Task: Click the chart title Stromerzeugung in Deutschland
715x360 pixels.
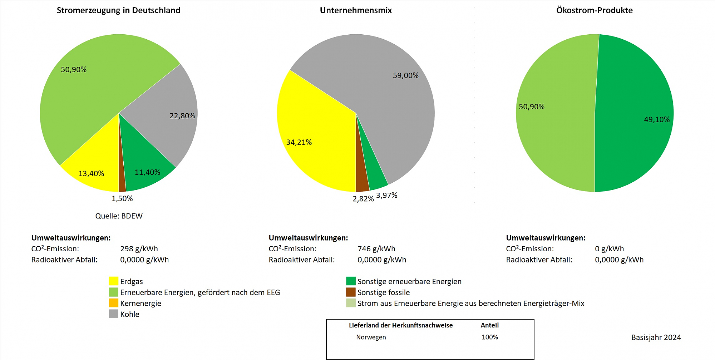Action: coord(118,10)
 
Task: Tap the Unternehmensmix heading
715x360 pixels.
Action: coord(356,10)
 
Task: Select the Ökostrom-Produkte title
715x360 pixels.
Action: coord(594,10)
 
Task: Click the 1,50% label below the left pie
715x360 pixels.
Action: coord(122,198)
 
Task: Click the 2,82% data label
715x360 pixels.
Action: coord(363,199)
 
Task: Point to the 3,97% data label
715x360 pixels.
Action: coord(386,196)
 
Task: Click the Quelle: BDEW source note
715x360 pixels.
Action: coord(119,216)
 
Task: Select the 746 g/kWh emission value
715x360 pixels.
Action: coord(376,249)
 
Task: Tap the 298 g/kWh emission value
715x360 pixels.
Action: coord(139,249)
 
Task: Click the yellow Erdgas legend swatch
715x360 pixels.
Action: coord(113,281)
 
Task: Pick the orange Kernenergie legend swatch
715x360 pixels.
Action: coord(113,303)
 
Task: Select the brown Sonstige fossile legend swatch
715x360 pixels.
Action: coord(351,292)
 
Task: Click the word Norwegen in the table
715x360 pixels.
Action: coord(371,337)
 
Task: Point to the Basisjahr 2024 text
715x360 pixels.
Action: coord(656,337)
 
